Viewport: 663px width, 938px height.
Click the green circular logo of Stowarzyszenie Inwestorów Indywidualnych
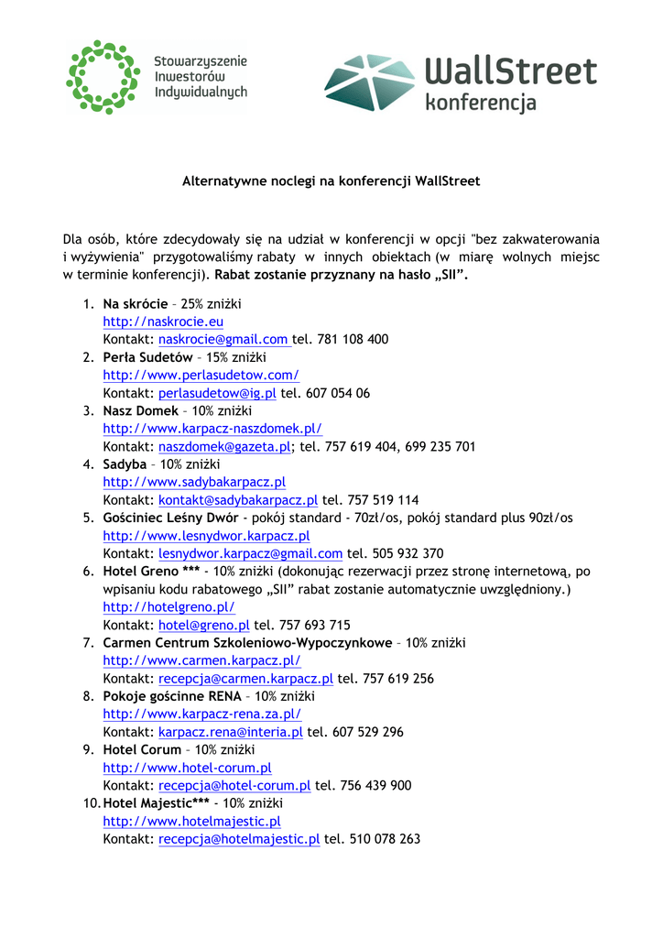point(103,77)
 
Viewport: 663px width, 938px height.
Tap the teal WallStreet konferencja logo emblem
point(369,82)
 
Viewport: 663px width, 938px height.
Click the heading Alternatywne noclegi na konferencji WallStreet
point(331,181)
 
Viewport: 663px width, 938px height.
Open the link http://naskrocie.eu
point(163,322)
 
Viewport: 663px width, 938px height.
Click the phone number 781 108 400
point(353,339)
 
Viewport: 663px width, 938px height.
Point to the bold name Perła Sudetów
point(147,357)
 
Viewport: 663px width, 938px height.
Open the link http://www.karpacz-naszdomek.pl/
point(212,429)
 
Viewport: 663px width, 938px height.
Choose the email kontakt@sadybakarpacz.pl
point(238,500)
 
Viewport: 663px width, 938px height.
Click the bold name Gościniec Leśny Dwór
point(170,518)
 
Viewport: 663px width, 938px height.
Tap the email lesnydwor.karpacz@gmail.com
point(250,553)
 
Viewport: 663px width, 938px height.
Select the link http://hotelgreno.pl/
point(168,607)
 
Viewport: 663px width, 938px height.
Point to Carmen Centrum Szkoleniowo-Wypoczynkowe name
point(247,643)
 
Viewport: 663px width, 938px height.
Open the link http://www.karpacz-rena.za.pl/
point(201,714)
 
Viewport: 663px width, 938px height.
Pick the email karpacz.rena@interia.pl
point(231,732)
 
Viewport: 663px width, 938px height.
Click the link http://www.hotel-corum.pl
point(187,768)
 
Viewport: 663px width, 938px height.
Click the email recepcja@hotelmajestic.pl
point(239,839)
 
